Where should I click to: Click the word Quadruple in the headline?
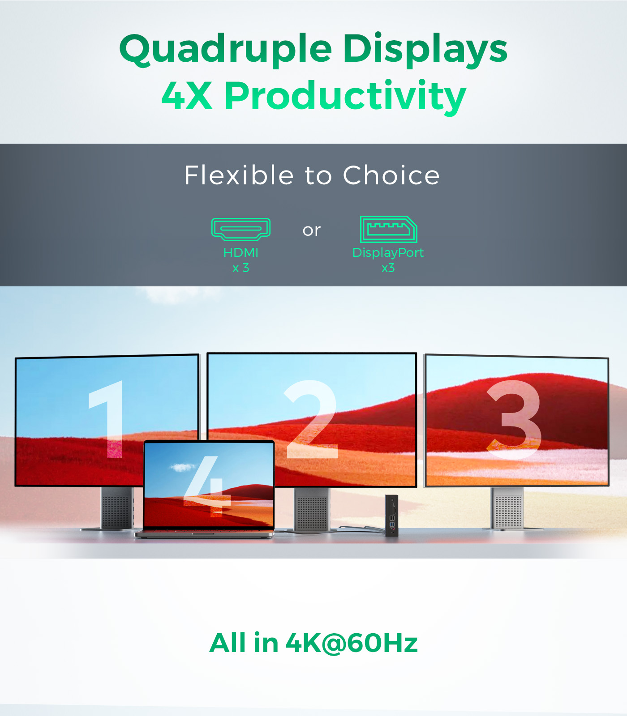click(226, 49)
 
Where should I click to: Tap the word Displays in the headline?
click(425, 49)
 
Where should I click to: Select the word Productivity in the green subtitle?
click(345, 96)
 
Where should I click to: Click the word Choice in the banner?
click(391, 175)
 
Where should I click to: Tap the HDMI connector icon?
click(241, 229)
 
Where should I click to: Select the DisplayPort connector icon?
click(388, 229)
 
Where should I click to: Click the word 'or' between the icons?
click(312, 230)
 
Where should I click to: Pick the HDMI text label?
click(241, 252)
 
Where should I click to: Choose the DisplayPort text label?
click(388, 253)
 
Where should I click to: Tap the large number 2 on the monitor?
click(312, 419)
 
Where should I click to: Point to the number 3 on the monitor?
click(514, 420)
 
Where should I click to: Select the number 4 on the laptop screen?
click(207, 486)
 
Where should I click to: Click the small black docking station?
click(392, 515)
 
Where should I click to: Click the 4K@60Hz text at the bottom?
click(352, 643)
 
